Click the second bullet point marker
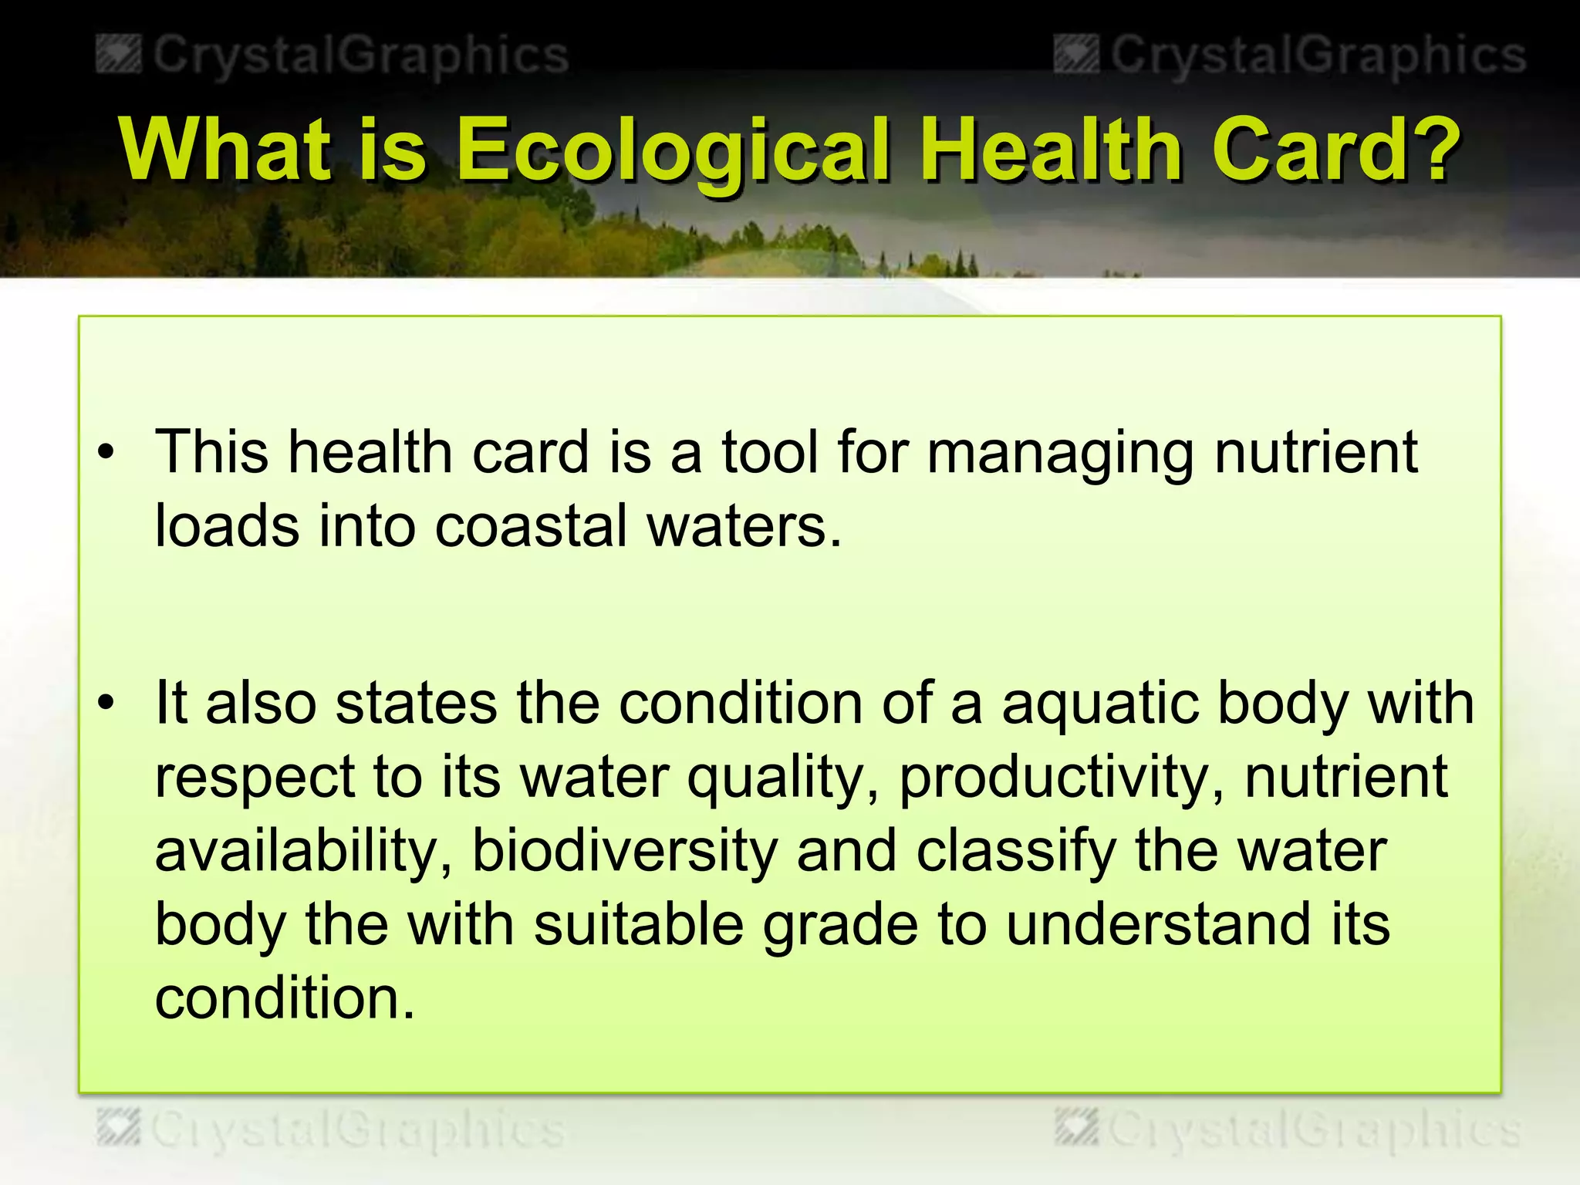click(x=106, y=703)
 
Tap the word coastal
click(x=532, y=527)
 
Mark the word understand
click(x=1158, y=924)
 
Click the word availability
click(x=304, y=851)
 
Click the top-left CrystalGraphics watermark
click(x=333, y=56)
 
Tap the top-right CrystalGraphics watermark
click(x=1290, y=56)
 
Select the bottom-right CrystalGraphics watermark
click(x=1288, y=1130)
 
